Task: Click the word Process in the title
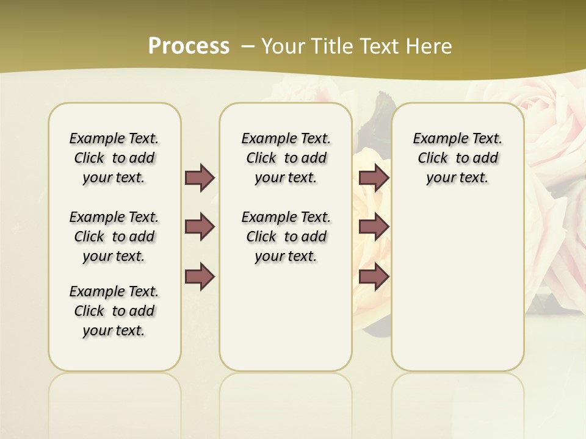(x=189, y=46)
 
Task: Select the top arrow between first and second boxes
(x=200, y=177)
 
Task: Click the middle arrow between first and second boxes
(x=200, y=227)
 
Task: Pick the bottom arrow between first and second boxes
(x=200, y=276)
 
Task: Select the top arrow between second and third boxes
(x=374, y=177)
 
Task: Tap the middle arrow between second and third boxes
(x=374, y=227)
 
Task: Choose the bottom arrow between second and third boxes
(x=374, y=276)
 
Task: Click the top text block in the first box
(x=114, y=158)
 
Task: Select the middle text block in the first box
(x=114, y=237)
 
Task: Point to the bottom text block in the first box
(x=114, y=311)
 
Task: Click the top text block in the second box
(x=286, y=158)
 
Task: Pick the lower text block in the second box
(x=286, y=237)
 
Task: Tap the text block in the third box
(x=457, y=158)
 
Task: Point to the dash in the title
(x=248, y=46)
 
